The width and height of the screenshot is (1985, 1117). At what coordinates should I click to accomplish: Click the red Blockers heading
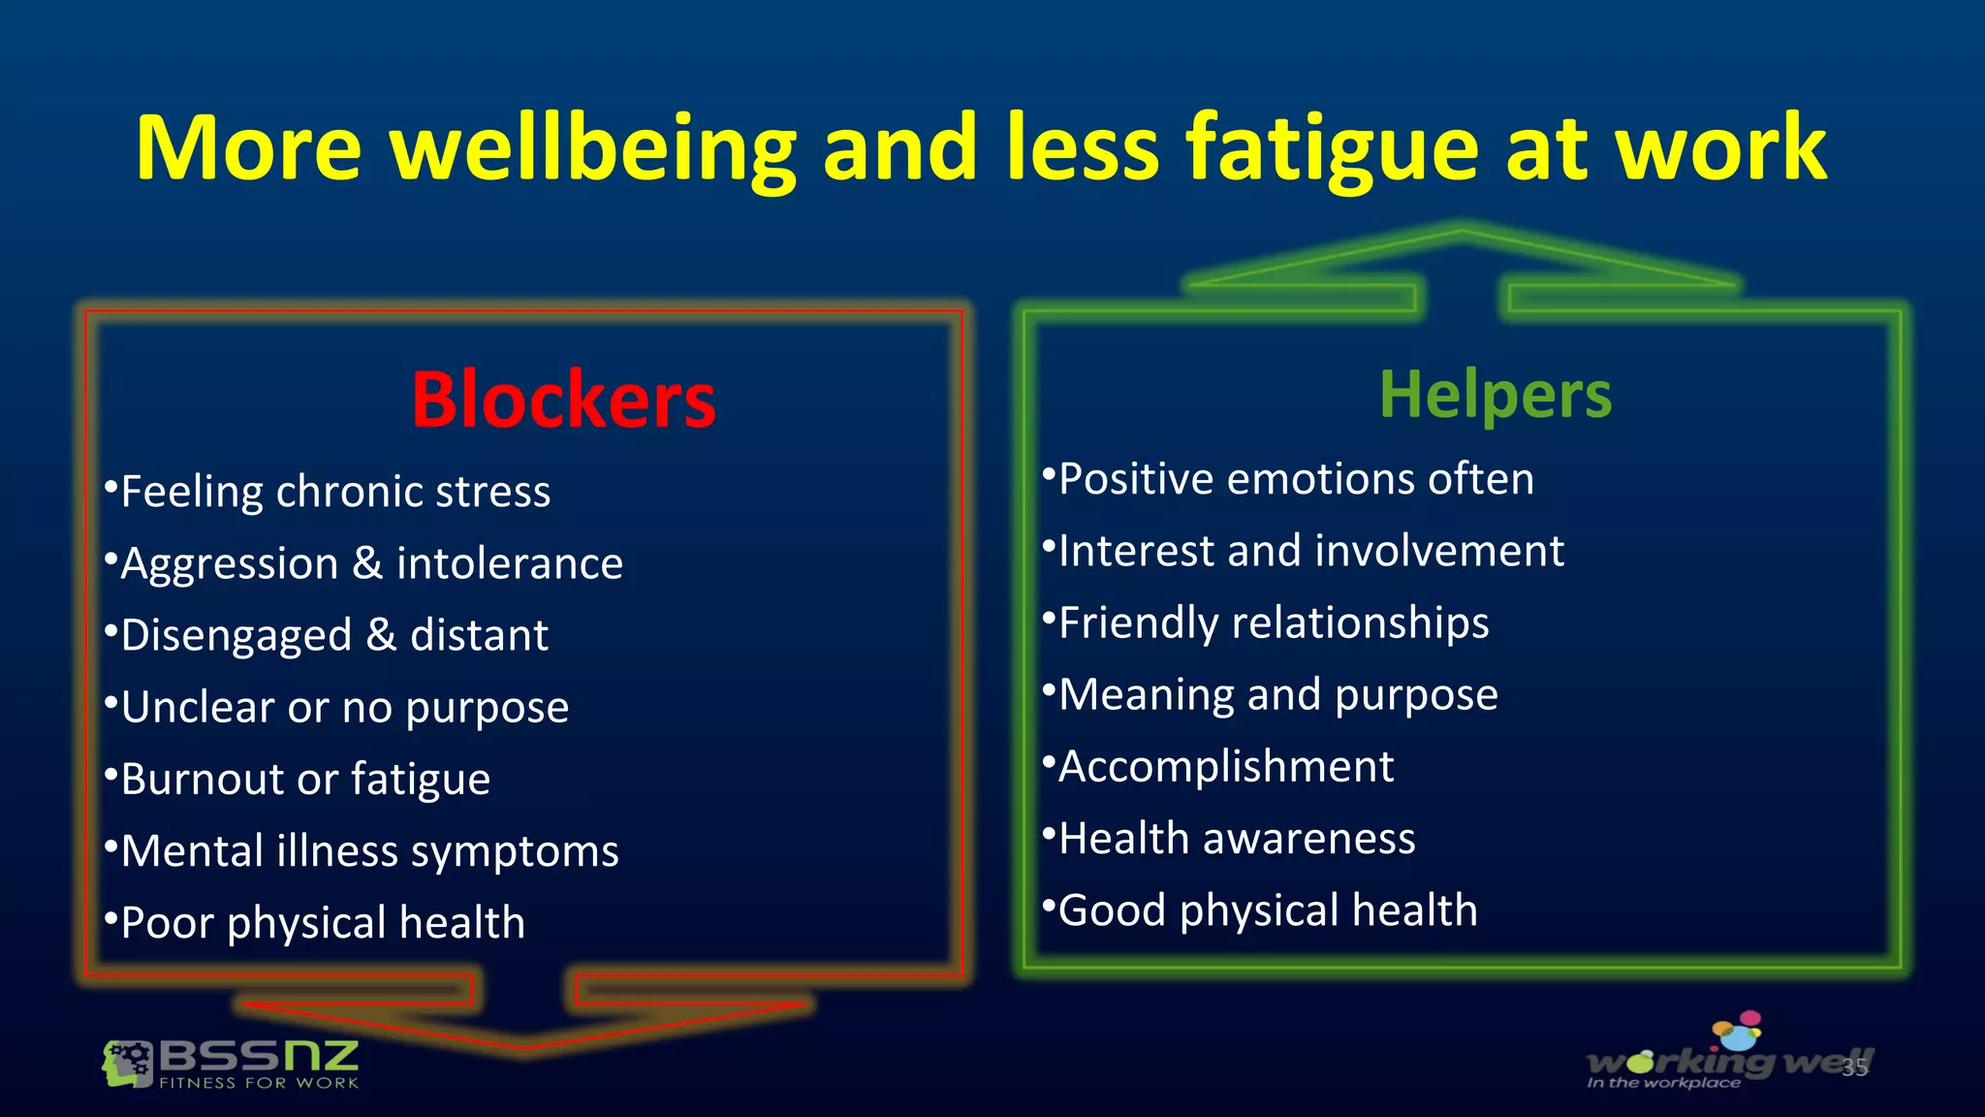[563, 399]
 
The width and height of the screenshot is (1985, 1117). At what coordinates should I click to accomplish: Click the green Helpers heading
[1495, 395]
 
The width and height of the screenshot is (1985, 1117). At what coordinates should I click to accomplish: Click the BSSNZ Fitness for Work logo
[231, 1065]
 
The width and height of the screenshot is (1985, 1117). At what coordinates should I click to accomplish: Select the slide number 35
[1854, 1068]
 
